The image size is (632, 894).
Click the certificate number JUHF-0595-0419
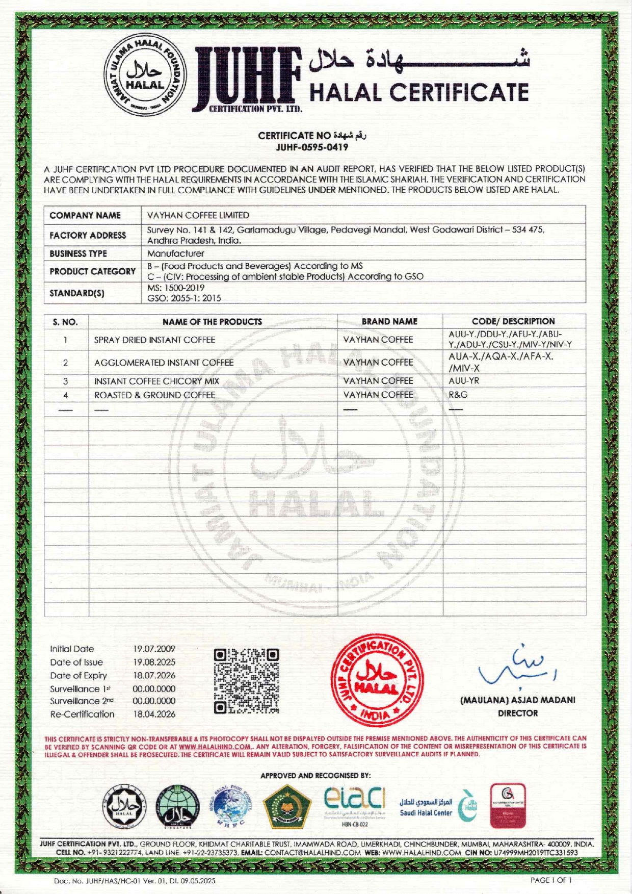(312, 147)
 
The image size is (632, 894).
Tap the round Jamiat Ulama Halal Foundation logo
(145, 77)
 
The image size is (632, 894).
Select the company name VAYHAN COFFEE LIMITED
(198, 215)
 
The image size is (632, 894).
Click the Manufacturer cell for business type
(175, 253)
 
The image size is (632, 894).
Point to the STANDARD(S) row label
(77, 293)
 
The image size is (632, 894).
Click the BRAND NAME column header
(389, 321)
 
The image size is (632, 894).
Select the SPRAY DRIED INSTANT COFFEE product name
(154, 340)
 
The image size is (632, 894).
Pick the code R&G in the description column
(458, 394)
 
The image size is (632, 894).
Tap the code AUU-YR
(464, 380)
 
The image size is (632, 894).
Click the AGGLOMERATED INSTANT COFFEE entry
(164, 363)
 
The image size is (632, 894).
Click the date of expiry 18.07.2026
(154, 675)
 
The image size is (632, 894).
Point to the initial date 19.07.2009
(154, 649)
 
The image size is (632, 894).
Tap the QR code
(247, 680)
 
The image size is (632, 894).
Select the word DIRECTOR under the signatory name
(518, 713)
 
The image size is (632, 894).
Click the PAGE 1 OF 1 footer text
(551, 880)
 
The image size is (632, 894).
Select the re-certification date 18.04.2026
(154, 714)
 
